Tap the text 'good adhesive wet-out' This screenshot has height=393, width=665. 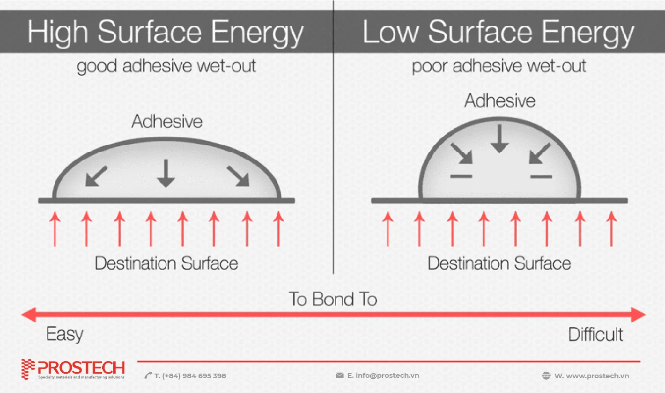pos(166,66)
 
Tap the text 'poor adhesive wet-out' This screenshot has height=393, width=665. pos(499,66)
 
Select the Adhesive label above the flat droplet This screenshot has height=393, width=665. pos(167,122)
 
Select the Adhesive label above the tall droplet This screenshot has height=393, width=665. pos(500,101)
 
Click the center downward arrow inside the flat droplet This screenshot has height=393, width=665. pos(166,173)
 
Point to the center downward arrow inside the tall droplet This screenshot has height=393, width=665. pos(500,139)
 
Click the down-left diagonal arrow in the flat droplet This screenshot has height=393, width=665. pos(96,176)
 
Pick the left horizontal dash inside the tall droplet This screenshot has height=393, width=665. pos(461,176)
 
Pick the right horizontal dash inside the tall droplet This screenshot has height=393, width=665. pos(541,177)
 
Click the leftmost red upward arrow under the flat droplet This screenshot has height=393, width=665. pos(55,229)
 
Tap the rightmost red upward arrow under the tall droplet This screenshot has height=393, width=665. pos(611,229)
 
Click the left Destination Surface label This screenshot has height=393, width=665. pos(166,263)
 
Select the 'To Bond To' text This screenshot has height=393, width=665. pos(333,299)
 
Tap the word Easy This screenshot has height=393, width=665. pos(65,334)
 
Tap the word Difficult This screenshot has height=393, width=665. pos(595,334)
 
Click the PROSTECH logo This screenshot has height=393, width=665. pos(73,369)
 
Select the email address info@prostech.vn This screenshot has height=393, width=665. pos(387,375)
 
